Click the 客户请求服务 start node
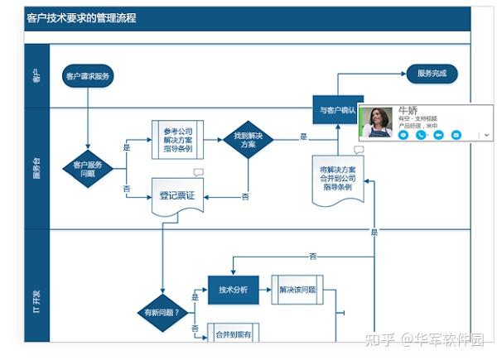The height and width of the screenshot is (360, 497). pos(88,76)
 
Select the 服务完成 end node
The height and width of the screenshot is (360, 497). pos(432,74)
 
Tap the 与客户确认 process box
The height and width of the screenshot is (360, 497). pos(338,109)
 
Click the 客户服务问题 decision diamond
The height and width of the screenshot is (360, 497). pos(88,169)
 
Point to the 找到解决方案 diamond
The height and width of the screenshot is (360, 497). pos(248,139)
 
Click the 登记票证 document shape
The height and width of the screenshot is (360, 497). pos(177,196)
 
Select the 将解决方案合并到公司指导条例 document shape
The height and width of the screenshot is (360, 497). pos(335,177)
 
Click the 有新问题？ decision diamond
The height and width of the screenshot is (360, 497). pos(162,313)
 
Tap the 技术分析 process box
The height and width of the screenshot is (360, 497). pos(233,290)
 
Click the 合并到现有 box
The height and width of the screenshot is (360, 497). pos(233,334)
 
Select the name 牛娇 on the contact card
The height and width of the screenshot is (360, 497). pos(408,109)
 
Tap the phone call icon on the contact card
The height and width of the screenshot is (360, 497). pos(420,134)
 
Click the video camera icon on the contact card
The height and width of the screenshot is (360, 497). pos(438,134)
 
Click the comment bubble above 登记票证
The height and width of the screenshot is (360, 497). pos(198,172)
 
